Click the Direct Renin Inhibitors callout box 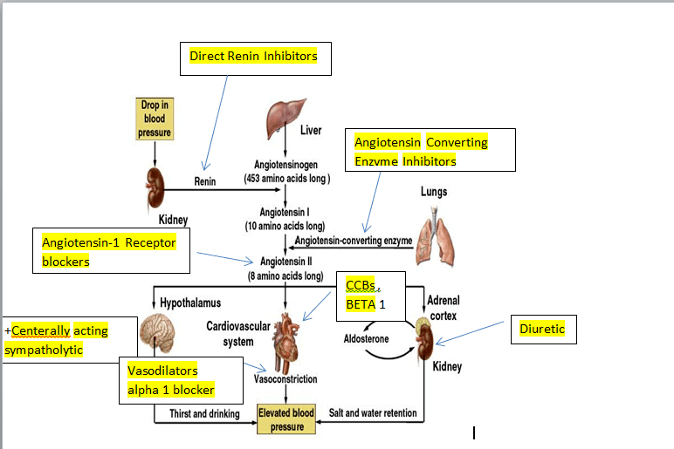point(255,58)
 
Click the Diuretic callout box point(542,330)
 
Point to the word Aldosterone point(365,337)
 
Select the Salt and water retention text point(374,413)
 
